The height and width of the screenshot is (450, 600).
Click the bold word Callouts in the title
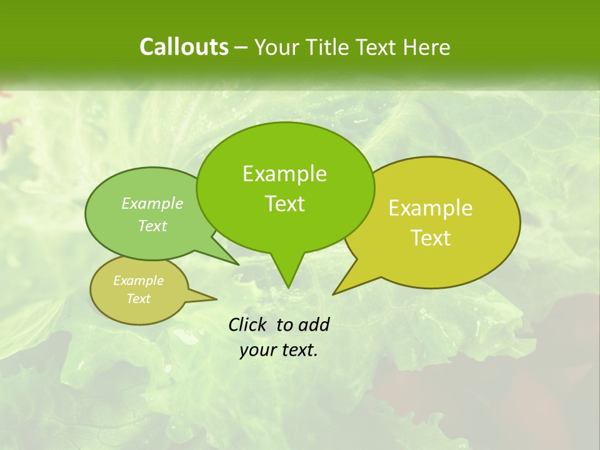point(184,47)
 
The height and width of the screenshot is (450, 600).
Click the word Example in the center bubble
point(284,174)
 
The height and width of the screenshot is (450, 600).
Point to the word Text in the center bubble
point(284,204)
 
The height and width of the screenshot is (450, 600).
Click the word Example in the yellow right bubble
point(431,208)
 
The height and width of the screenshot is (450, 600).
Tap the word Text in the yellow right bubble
point(431,238)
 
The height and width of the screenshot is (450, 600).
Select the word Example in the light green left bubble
point(152,203)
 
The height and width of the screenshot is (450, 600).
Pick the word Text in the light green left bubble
point(152,226)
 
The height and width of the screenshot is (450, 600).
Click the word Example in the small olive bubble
point(138,281)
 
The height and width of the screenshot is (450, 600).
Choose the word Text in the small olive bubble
point(138,299)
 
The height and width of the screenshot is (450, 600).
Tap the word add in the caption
point(314,324)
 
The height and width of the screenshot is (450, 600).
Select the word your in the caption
point(257,350)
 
